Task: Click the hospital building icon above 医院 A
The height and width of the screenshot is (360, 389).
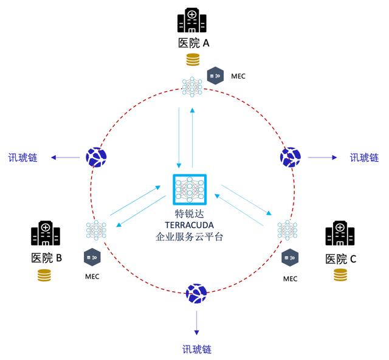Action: [192, 20]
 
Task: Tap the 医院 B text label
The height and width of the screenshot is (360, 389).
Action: [46, 258]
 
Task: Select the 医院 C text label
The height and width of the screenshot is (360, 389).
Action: [340, 259]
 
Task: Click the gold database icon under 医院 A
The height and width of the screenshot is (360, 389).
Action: [193, 60]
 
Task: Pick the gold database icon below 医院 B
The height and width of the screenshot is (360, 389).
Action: [44, 275]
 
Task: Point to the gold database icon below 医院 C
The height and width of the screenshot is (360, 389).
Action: [340, 275]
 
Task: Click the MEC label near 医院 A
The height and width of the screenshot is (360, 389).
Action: [238, 76]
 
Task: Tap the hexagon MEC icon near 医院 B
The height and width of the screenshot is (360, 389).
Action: [92, 257]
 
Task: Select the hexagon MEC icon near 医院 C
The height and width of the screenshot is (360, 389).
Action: [290, 257]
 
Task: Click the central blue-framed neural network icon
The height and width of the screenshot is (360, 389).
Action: [190, 190]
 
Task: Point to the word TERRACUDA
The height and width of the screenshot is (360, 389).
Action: [189, 225]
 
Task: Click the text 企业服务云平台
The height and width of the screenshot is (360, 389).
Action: [189, 237]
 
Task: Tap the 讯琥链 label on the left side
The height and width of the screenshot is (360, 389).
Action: [23, 157]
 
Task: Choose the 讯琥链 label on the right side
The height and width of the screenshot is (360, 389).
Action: [364, 157]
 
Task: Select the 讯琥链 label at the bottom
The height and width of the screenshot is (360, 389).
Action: [197, 349]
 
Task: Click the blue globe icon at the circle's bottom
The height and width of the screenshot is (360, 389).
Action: [196, 294]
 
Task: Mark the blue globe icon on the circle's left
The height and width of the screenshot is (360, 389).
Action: [96, 157]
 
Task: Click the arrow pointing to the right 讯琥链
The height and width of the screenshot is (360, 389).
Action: [322, 157]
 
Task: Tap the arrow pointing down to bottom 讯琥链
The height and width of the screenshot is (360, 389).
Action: [197, 323]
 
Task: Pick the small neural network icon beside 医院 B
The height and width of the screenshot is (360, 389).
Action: [96, 230]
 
